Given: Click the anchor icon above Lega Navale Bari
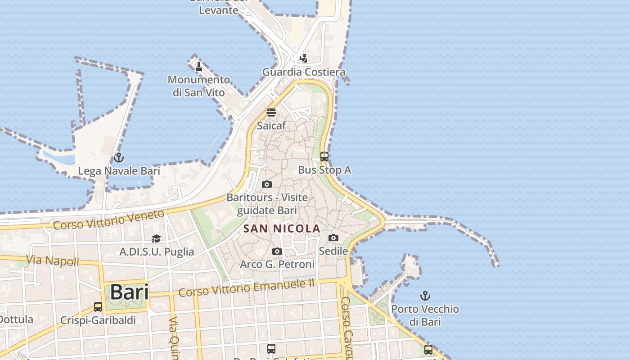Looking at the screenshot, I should [118, 157].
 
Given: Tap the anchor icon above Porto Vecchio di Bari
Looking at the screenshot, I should [425, 296].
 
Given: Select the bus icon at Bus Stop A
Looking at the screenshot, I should [324, 157].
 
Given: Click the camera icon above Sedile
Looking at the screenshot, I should [333, 238].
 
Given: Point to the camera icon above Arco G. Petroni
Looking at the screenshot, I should [277, 251].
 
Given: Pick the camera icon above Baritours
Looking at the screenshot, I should [267, 184].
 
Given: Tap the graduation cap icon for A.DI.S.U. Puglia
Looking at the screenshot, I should [156, 238].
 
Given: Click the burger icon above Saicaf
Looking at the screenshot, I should [271, 112].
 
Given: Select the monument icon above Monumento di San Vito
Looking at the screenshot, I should [198, 67].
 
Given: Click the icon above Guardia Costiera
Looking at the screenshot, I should [304, 58].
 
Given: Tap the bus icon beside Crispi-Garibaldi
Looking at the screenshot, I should [98, 307].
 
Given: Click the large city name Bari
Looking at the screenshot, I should [129, 292].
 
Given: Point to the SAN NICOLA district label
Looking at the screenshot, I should [282, 229].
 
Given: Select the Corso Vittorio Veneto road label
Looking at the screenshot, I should [108, 220].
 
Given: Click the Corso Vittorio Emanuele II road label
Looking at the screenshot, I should [247, 288].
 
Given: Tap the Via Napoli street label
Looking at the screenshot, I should [53, 260].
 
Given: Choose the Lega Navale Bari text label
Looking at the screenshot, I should [119, 171].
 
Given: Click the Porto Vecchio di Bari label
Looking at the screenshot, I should [425, 315].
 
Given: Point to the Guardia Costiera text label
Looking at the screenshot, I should [304, 72].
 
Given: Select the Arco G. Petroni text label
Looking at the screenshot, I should [277, 264].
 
